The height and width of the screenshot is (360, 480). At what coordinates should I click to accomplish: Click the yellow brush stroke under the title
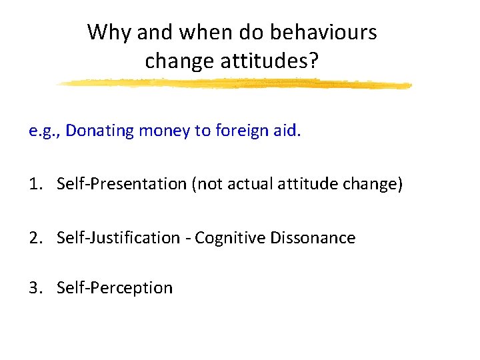233,84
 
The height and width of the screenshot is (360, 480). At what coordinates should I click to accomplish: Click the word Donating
99,131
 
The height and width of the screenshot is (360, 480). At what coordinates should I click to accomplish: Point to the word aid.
287,131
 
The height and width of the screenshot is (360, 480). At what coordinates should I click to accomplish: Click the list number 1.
34,184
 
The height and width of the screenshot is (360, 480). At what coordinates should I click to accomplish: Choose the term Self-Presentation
121,184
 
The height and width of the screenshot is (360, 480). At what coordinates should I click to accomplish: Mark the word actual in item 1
245,184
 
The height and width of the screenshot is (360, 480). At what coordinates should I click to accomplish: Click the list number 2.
34,237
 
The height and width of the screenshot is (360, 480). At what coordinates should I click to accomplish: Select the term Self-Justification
118,237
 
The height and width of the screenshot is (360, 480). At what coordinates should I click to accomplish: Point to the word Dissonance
313,237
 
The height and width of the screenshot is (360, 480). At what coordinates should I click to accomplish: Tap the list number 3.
34,288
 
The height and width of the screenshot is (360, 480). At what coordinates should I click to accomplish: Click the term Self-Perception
115,288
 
